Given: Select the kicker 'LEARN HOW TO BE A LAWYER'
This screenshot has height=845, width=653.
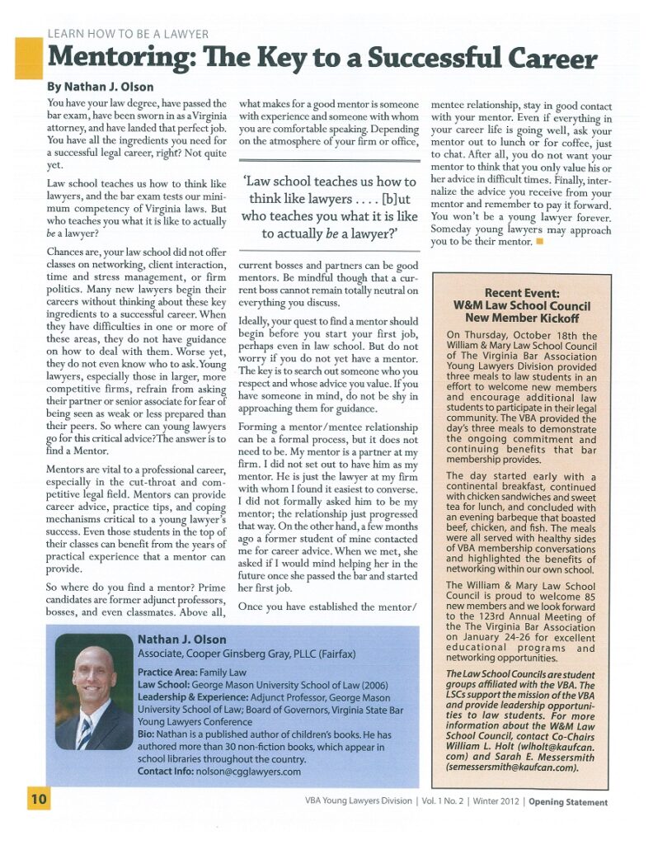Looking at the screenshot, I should [x=128, y=34].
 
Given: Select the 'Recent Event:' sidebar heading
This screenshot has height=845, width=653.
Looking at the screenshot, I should [x=521, y=293].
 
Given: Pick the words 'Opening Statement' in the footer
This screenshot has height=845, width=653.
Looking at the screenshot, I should [x=568, y=802].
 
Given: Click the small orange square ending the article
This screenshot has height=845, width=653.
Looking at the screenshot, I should [x=539, y=242].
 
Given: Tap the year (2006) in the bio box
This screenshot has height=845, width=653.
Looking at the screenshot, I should [x=396, y=686].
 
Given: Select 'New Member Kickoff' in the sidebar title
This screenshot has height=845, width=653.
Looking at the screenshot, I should [x=522, y=317].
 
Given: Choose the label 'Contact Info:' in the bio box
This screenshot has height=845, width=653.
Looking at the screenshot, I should [x=170, y=772].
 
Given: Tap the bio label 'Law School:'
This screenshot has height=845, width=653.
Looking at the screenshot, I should [x=164, y=686].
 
